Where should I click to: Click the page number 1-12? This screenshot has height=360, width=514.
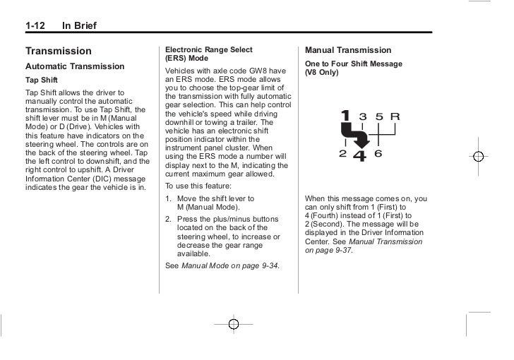coord(36,27)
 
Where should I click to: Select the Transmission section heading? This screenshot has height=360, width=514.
coord(59,52)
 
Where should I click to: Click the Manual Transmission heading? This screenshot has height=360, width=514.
coord(347,51)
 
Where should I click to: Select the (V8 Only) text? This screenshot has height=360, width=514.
coord(322,73)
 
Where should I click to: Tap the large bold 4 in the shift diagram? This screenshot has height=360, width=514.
coord(359,154)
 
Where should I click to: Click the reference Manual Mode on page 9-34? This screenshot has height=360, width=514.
coord(231,265)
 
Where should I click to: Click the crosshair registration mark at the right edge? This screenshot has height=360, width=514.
coord(478,157)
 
